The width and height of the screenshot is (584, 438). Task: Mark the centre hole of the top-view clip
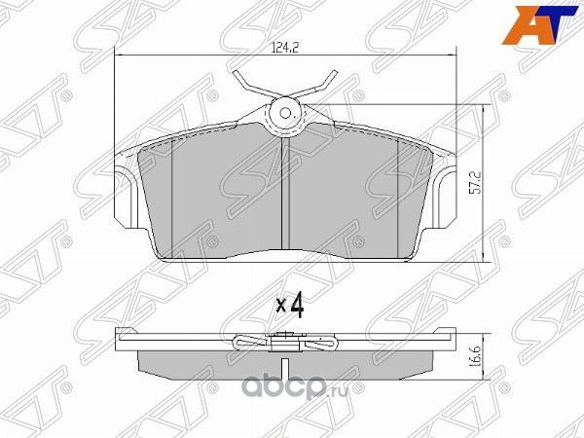point(286,113)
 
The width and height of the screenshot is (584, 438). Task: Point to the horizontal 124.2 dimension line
point(195,59)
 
